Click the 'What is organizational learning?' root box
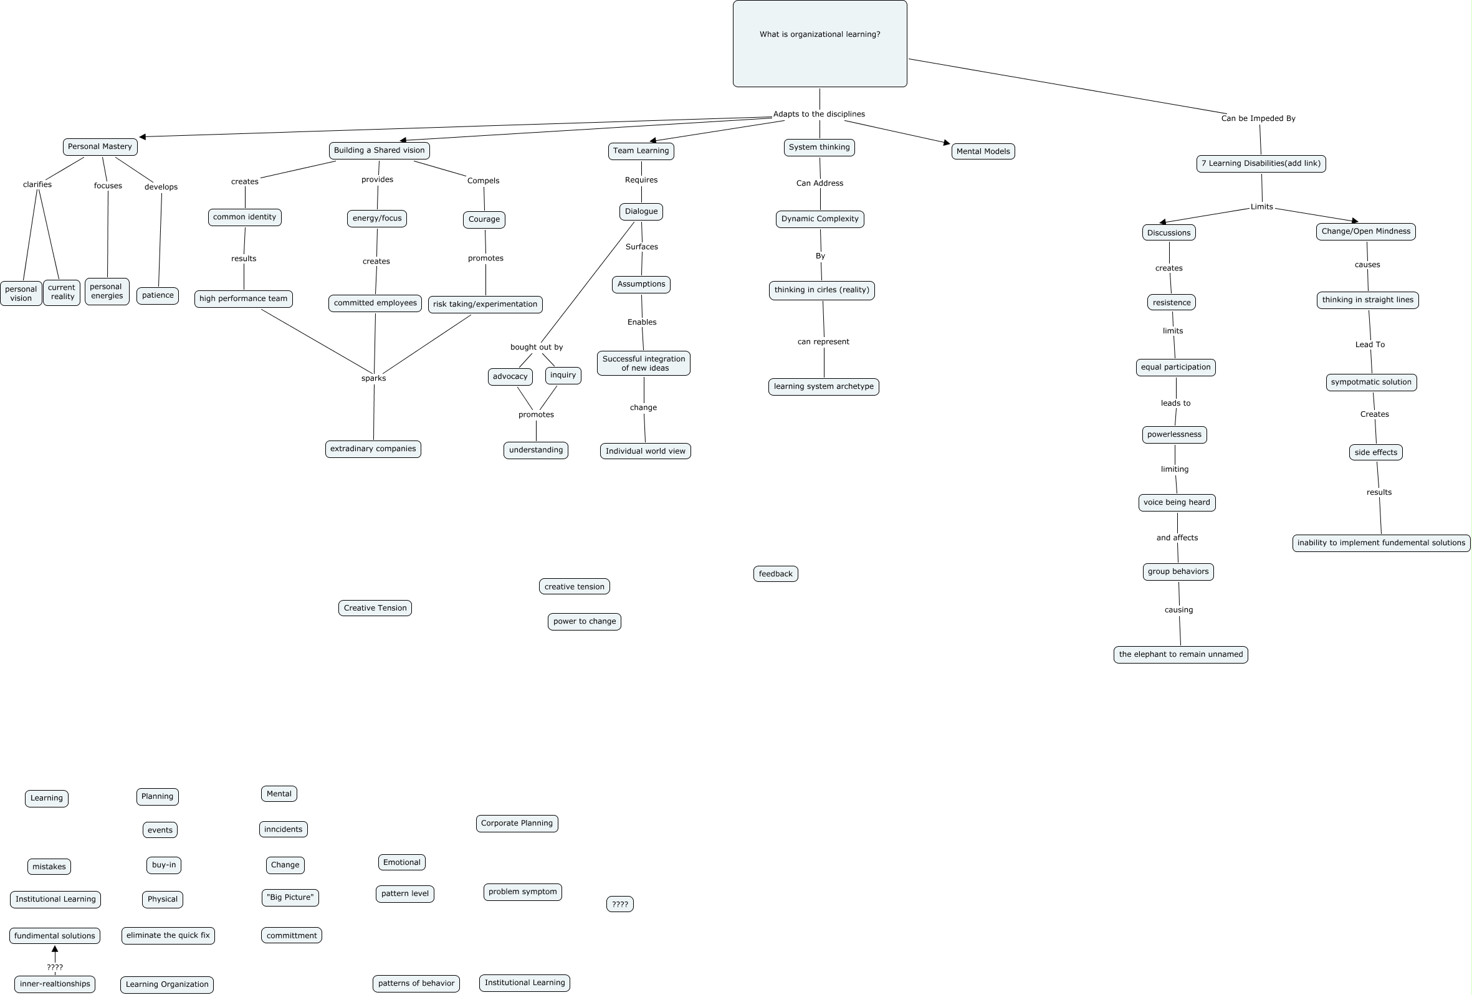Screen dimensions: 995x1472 point(820,43)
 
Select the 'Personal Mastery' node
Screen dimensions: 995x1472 point(100,146)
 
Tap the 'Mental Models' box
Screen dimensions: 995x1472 point(982,151)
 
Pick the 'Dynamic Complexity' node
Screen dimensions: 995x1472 point(820,219)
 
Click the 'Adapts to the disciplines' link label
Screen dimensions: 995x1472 point(818,114)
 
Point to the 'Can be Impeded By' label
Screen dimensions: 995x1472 point(1258,118)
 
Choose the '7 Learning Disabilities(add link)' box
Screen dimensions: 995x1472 point(1261,163)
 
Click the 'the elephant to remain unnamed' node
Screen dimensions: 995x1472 point(1180,654)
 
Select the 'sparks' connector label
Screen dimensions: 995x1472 point(373,378)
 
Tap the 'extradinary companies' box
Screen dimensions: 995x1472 point(373,449)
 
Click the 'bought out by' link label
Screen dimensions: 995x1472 point(537,347)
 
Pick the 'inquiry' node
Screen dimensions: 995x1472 point(563,375)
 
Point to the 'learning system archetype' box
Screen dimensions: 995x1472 point(823,386)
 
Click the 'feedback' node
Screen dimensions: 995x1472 point(775,574)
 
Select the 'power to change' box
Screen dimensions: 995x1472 point(584,621)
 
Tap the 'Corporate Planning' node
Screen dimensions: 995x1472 point(517,824)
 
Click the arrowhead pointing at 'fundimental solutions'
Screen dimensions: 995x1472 point(55,950)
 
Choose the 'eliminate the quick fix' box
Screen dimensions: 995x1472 point(168,935)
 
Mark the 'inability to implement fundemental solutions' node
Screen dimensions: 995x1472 point(1381,543)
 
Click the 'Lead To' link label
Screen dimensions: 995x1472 point(1369,345)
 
